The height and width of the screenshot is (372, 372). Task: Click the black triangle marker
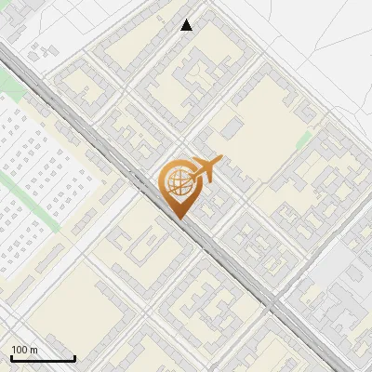coord(187,25)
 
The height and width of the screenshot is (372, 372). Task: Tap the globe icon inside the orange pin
coord(178,182)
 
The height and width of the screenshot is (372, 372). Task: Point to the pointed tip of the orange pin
coord(179,219)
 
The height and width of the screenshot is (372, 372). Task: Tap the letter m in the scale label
coord(34,350)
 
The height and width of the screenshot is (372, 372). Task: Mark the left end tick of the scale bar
coord(11,357)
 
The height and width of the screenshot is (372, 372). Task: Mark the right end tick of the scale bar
coord(74,357)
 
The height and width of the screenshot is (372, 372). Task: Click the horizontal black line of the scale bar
coord(43,359)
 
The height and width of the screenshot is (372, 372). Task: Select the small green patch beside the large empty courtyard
coord(303,139)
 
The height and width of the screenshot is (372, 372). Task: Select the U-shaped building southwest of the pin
coord(139,244)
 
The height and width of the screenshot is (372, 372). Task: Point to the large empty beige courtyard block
coord(260,121)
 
